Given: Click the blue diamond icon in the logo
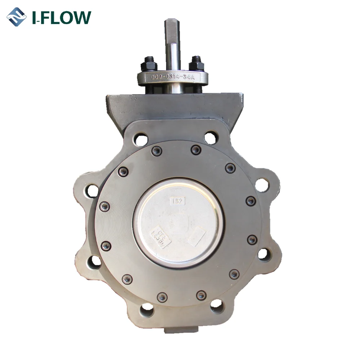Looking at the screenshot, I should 17,17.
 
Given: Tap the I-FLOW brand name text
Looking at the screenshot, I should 62,17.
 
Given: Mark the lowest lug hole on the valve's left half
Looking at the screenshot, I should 147,309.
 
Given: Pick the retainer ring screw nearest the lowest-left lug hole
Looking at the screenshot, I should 162,297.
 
